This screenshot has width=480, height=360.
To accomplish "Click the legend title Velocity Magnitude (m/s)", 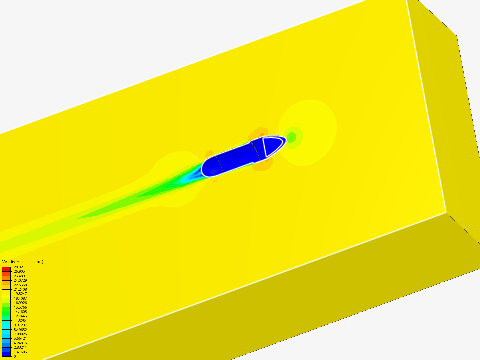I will (23, 262).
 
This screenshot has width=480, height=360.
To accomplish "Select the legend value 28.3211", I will (20, 267).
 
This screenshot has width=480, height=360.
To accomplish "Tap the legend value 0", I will (15, 356).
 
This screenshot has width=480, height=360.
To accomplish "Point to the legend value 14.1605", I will (20, 312).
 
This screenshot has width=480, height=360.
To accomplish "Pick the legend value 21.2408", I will (20, 289).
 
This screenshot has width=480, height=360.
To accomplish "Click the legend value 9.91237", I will (20, 325).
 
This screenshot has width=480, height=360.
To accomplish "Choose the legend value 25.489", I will (19, 276).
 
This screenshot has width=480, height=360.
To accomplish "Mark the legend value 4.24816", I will (20, 343).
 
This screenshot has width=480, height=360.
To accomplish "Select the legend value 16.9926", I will (20, 303).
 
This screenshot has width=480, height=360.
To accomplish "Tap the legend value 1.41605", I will (20, 352).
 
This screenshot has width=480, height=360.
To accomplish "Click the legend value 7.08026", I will (20, 334).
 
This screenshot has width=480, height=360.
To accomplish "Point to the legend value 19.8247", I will (20, 294).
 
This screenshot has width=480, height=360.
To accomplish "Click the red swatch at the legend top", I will (6, 269).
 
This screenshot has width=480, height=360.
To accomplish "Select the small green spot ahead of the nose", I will (292, 137).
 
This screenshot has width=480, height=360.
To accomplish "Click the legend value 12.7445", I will (20, 316).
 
